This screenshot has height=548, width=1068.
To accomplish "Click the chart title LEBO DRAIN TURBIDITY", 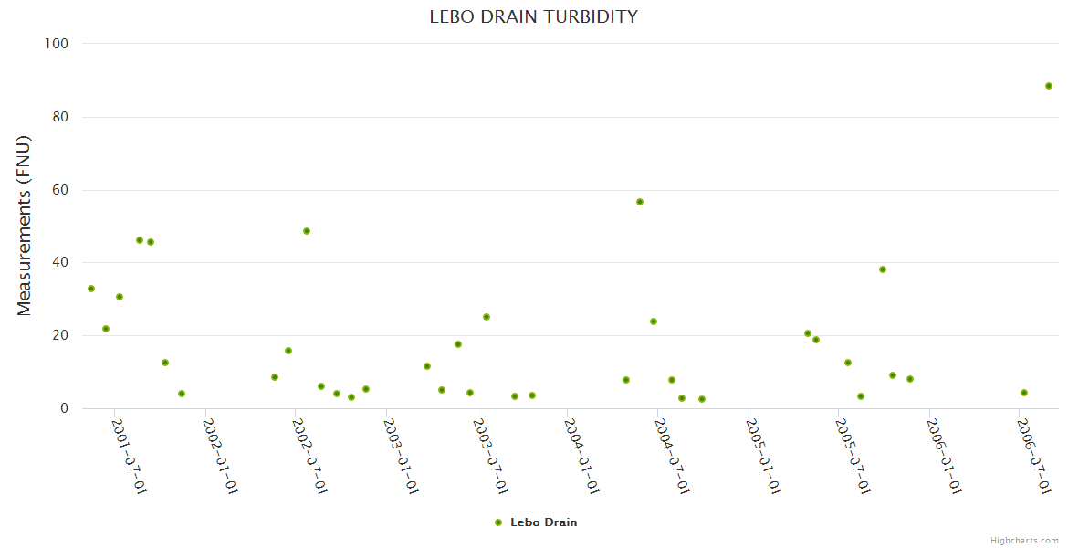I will click(533, 16).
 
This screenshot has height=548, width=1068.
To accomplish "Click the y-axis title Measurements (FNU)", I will click(25, 226).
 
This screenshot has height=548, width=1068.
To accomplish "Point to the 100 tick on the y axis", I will click(69, 44).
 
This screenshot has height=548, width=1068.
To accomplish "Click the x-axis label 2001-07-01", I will click(130, 457).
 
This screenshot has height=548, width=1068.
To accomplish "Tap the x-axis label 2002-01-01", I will click(220, 457).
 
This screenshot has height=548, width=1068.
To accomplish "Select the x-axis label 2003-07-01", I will click(491, 457).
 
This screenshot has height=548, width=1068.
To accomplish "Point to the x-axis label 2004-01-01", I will click(581, 457).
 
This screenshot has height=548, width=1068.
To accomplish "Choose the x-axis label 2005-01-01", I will click(762, 457).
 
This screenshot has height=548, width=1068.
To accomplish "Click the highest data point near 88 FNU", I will click(1049, 86).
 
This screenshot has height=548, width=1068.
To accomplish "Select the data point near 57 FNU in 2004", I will click(640, 202).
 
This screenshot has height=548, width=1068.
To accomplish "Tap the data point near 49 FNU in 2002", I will click(307, 231).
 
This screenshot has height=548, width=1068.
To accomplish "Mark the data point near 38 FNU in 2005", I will click(883, 269).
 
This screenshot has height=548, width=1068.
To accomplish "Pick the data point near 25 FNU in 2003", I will click(487, 317).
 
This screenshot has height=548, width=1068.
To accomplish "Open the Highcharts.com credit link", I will click(1024, 540).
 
